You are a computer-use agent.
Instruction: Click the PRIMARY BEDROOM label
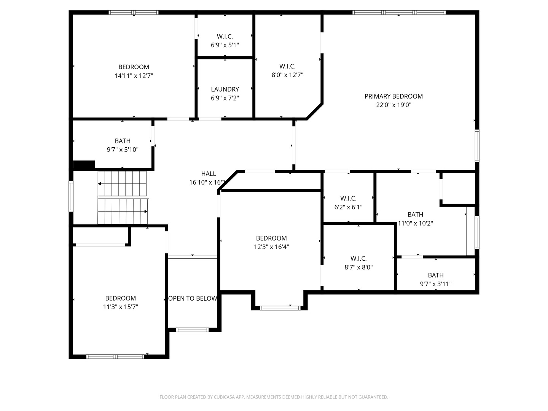393,96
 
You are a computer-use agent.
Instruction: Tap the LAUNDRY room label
225,89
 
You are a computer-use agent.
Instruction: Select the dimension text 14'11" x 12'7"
134,76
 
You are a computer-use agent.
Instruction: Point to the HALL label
209,174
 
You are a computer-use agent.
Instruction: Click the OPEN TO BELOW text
193,298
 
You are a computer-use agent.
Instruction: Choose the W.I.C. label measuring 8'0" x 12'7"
287,66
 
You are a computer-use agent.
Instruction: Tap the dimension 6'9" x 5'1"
225,45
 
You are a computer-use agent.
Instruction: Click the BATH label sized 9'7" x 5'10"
123,141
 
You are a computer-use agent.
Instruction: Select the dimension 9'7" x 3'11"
436,284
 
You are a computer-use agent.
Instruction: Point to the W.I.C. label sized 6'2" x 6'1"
348,198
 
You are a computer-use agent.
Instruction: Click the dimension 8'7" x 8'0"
358,267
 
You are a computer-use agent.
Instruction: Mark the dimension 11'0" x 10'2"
415,223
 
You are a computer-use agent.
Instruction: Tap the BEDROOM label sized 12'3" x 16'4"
271,238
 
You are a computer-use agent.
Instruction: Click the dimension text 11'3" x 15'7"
121,307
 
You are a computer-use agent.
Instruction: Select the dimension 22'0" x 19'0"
393,105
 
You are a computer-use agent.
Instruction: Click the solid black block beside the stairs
84,165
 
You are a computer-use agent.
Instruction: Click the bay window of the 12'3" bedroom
280,308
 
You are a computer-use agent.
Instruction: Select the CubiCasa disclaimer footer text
274,397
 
